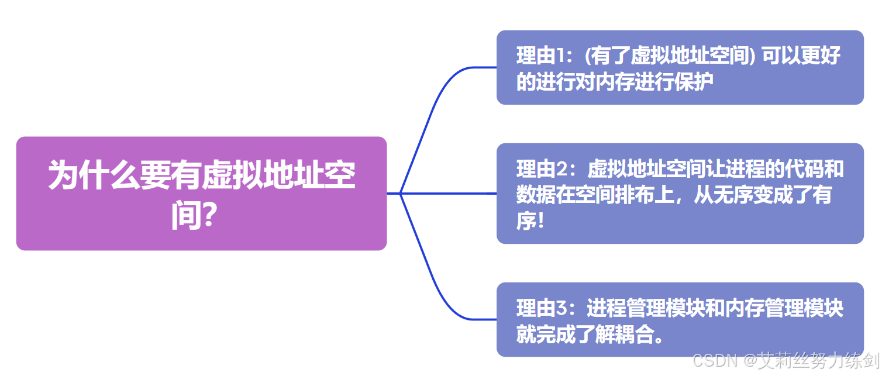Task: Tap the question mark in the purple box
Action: coord(206,217)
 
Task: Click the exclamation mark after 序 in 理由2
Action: coord(539,222)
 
